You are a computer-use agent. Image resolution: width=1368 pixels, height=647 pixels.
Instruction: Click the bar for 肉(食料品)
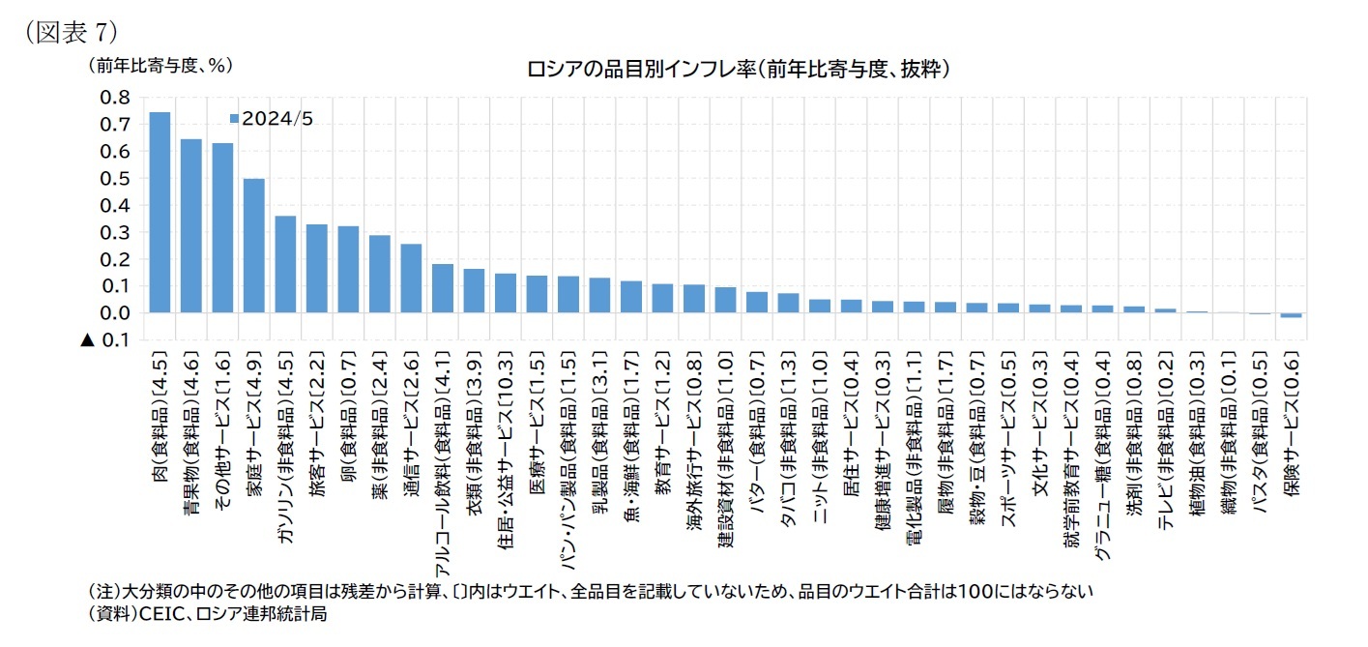(160, 213)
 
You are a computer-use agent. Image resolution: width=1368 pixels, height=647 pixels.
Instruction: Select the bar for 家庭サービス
(254, 246)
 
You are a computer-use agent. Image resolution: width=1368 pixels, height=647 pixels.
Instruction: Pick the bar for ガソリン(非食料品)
(285, 264)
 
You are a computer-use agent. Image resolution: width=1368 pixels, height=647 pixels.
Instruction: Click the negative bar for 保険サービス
(1290, 315)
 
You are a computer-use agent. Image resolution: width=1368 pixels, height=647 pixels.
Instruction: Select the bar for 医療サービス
(537, 294)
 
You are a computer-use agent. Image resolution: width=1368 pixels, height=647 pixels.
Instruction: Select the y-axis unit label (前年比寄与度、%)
(161, 66)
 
